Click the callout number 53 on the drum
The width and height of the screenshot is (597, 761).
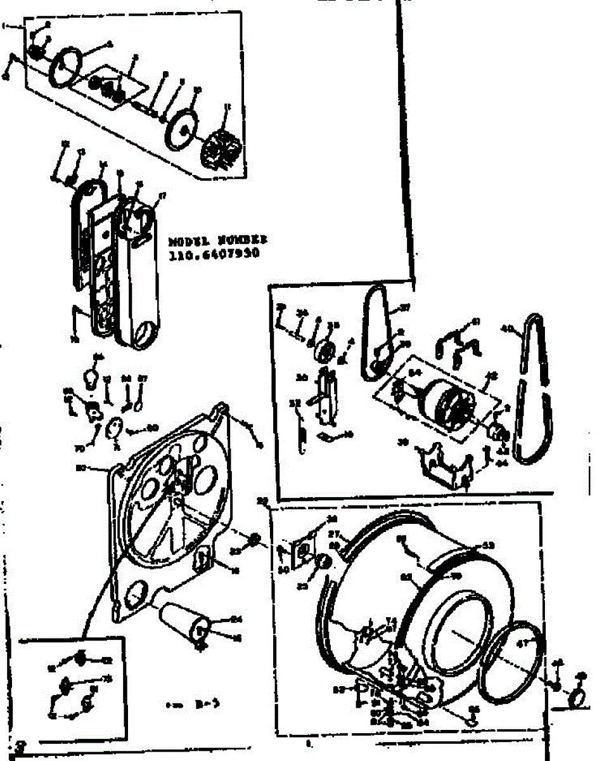pyautogui.click(x=488, y=545)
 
